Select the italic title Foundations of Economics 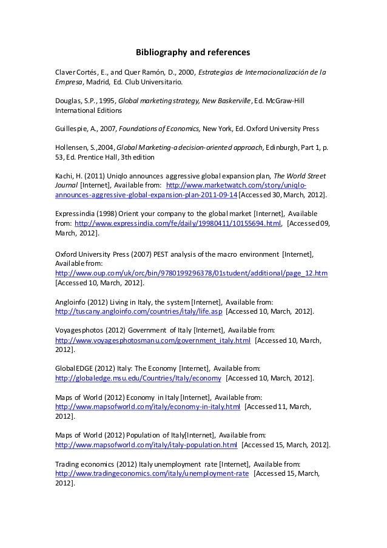(x=159, y=129)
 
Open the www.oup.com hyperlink (x=191, y=273)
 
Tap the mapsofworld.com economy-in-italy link (x=147, y=407)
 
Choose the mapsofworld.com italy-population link (x=146, y=445)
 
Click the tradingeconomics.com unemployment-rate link (x=152, y=473)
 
